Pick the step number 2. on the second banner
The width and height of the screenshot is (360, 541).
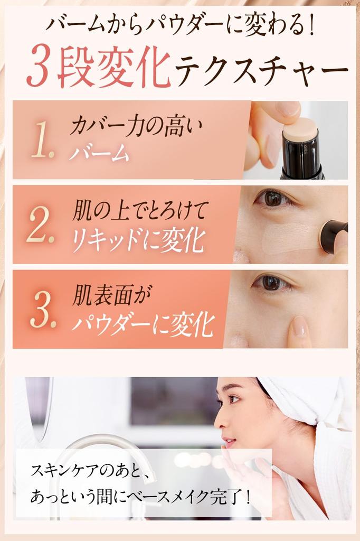point(41,225)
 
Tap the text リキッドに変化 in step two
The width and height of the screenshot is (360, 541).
point(138,241)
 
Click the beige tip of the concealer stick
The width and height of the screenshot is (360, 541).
point(300,129)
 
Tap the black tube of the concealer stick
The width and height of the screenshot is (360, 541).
point(302,158)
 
